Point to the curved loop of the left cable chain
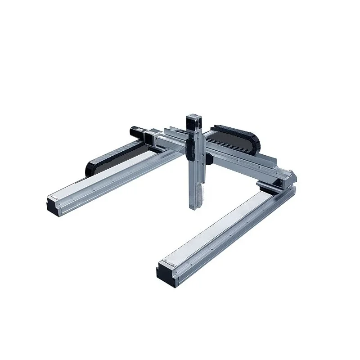(90, 166)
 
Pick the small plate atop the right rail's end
(167, 262)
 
